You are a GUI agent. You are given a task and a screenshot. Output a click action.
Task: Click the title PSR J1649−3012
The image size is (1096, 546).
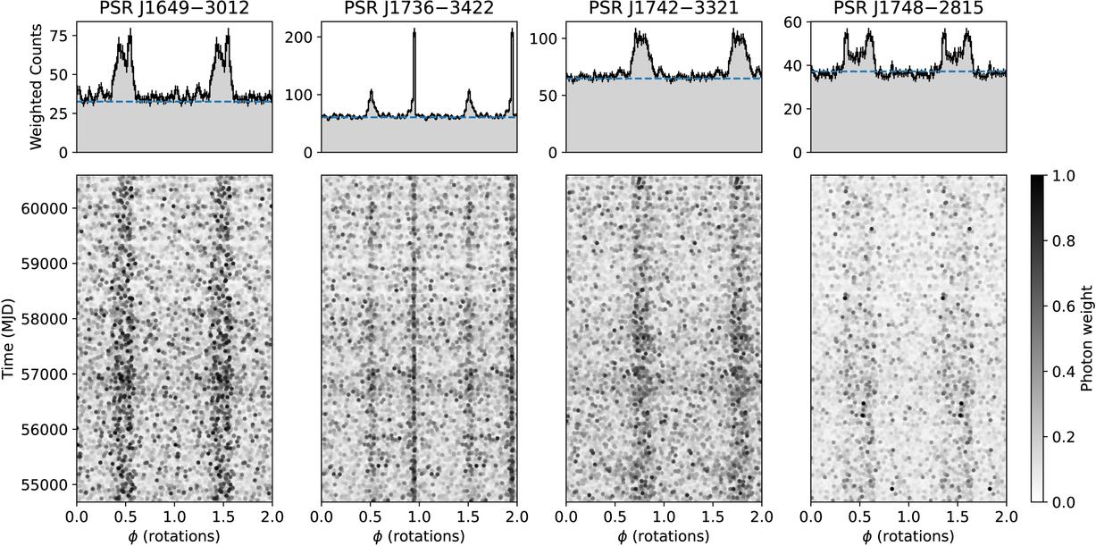tap(175, 9)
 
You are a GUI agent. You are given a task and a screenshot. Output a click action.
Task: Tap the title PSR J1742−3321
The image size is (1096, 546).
tap(664, 9)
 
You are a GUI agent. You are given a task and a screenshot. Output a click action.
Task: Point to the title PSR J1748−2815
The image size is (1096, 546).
tap(908, 9)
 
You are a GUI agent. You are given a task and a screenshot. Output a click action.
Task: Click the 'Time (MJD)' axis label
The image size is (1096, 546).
tap(9, 339)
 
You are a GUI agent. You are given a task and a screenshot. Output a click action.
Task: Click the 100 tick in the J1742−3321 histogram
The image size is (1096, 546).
tap(545, 38)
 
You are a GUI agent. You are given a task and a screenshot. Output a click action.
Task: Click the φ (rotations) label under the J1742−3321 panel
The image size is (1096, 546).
tap(664, 536)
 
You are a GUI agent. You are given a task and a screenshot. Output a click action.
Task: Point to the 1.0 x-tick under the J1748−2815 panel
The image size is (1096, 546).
tap(908, 517)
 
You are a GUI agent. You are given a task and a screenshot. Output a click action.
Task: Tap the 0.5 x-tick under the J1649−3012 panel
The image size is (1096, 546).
tap(126, 517)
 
